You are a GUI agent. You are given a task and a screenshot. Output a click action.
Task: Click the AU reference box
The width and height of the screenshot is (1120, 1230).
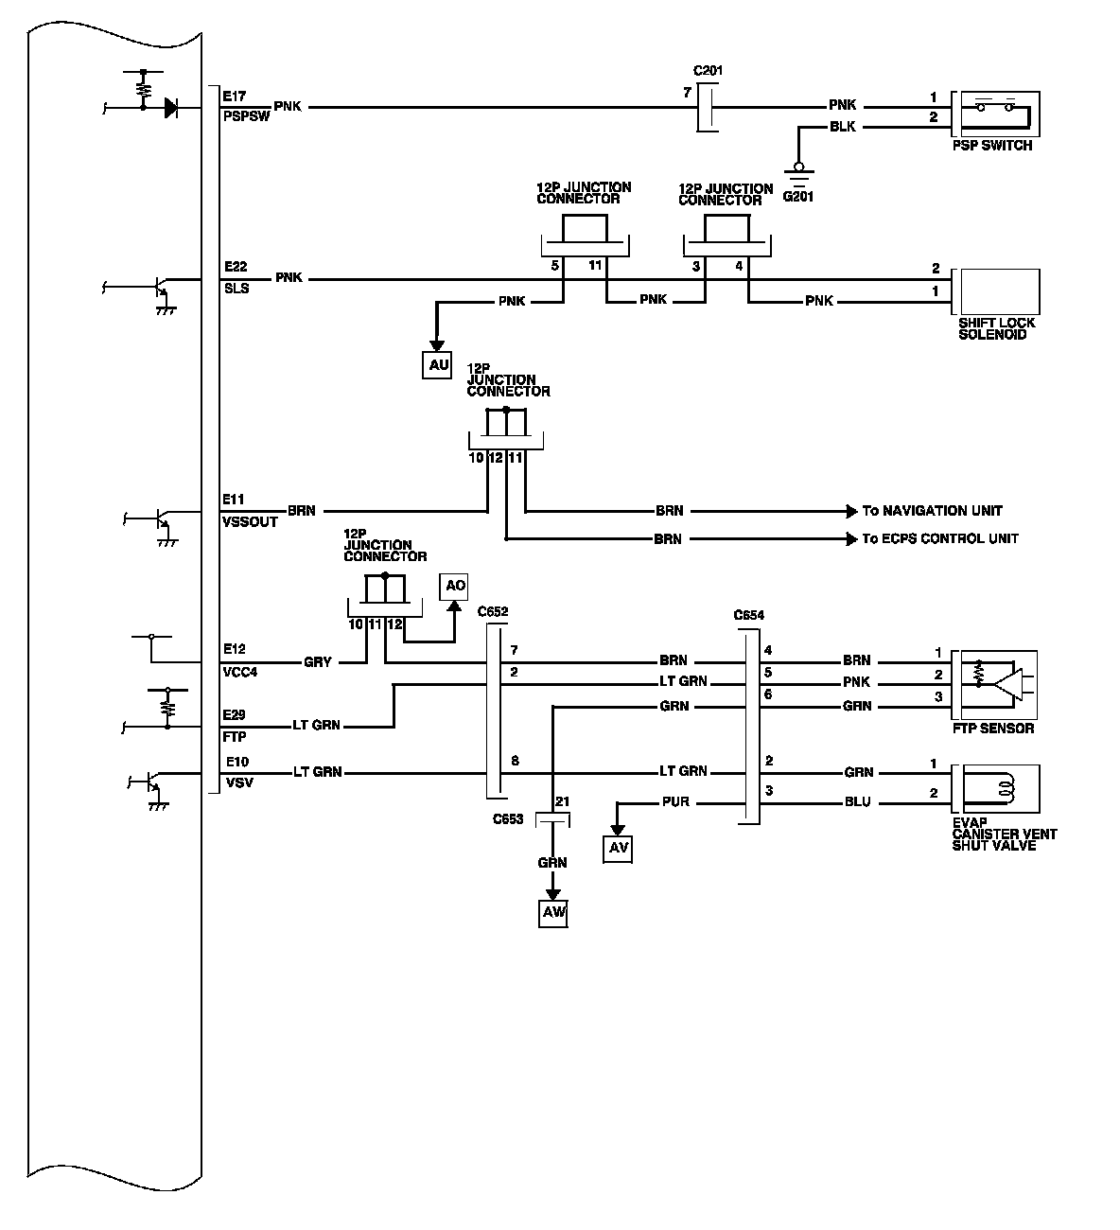coord(437,366)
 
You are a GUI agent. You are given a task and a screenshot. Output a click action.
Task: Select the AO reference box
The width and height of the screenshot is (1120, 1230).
coord(455,587)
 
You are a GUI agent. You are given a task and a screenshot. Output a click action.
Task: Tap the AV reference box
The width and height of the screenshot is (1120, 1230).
coord(619,849)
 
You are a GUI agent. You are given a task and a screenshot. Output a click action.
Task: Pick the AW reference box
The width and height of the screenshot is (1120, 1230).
coord(553,913)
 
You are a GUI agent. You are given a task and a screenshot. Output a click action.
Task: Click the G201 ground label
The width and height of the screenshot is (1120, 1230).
coord(797,197)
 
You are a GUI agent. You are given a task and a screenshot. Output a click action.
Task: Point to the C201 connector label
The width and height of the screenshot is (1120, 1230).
coord(709,71)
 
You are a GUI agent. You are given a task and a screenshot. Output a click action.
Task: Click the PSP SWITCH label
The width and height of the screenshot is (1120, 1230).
coord(992,146)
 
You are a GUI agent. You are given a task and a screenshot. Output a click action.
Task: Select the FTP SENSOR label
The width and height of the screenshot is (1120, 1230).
coord(993,729)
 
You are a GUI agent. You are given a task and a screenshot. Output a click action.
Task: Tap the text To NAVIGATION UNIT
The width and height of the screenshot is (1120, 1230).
coord(932,511)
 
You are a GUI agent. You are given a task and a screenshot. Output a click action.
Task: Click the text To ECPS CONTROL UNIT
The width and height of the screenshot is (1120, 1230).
coord(940,538)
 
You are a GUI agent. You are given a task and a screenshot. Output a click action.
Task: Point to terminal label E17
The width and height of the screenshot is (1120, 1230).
coord(235,96)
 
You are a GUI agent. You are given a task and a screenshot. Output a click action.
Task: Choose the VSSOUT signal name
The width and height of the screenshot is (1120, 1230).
coord(251,522)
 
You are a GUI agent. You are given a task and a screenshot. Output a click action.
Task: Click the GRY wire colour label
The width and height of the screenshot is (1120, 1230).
coord(318,662)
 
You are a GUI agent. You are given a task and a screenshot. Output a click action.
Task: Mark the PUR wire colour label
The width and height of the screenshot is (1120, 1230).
coord(676,802)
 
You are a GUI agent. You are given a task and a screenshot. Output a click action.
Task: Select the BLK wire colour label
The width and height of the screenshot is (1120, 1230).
coord(842,127)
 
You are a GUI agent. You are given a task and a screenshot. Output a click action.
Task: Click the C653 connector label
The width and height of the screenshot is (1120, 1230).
coord(508,818)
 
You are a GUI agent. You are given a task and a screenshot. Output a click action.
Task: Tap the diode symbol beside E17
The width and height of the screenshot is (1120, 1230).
coord(170,108)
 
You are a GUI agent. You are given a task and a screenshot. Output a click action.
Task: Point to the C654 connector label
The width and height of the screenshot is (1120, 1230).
coord(749,615)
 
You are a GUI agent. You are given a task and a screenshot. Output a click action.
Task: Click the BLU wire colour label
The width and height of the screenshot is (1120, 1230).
coord(858,802)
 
